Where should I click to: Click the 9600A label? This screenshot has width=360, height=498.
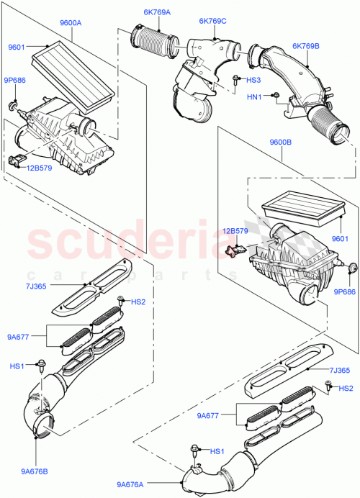(x=70, y=23)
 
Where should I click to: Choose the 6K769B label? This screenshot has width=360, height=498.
(x=307, y=46)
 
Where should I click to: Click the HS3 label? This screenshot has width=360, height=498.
(x=255, y=81)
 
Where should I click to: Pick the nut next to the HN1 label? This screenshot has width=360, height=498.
(x=276, y=95)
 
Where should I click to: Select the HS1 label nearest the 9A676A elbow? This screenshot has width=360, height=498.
(x=216, y=451)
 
